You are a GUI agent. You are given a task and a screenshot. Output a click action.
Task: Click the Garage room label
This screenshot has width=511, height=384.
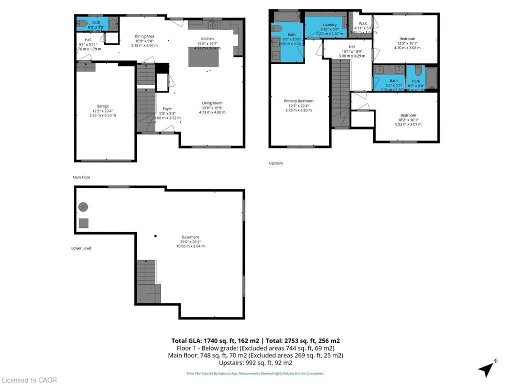(102, 106)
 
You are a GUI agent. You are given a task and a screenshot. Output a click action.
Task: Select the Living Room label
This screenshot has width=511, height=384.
(212, 103)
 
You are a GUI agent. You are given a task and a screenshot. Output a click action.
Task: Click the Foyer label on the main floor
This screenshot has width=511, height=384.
(167, 108)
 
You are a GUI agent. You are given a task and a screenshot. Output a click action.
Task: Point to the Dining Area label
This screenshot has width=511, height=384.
(144, 36)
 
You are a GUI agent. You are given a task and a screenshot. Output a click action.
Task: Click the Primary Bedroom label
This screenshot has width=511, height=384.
(298, 101)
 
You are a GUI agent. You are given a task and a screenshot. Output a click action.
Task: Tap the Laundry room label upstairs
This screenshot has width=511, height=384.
(329, 24)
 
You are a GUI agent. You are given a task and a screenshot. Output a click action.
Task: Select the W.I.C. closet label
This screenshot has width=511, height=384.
(363, 22)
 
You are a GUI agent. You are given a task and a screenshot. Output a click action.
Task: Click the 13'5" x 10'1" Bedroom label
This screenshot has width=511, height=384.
(407, 38)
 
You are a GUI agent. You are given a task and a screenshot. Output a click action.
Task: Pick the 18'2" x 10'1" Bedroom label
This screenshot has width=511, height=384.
(408, 115)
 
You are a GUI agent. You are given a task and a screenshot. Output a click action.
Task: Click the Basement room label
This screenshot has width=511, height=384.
(190, 237)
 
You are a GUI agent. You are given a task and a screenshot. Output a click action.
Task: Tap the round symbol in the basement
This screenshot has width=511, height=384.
(83, 206)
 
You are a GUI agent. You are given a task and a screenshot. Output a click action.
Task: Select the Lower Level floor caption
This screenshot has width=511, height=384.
(81, 248)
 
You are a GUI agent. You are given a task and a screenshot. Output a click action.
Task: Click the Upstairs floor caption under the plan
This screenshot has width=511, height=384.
(276, 163)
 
